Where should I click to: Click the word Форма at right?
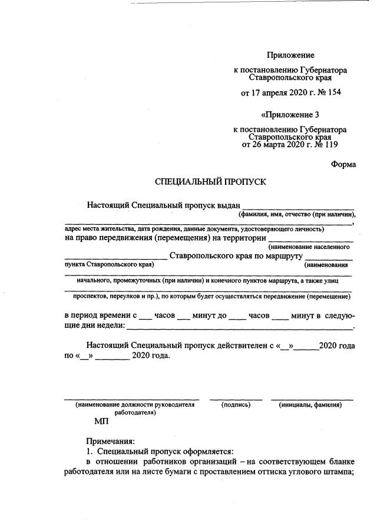click(x=343, y=164)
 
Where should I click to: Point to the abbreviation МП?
click(x=101, y=421)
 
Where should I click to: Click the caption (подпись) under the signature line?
click(x=242, y=405)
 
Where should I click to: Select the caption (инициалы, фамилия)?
click(x=310, y=405)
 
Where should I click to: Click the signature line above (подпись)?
click(x=236, y=399)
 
